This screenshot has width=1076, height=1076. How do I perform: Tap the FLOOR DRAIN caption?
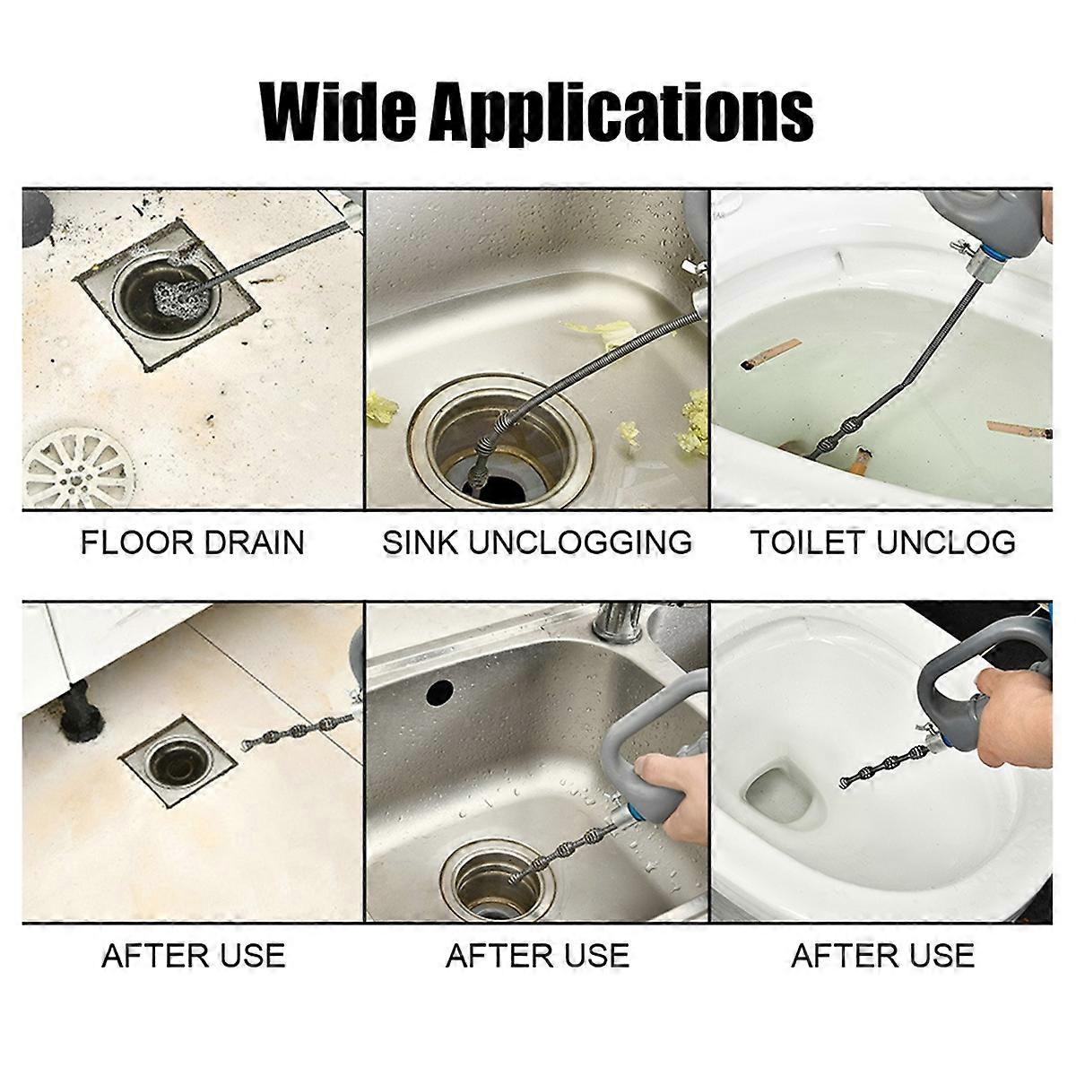click(193, 542)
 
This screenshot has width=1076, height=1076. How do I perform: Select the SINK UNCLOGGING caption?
click(537, 542)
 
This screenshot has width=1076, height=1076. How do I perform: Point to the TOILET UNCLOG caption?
click(882, 542)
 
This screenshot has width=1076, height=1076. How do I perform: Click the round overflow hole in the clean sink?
click(438, 692)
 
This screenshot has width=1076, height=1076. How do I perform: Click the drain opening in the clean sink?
click(490, 882)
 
